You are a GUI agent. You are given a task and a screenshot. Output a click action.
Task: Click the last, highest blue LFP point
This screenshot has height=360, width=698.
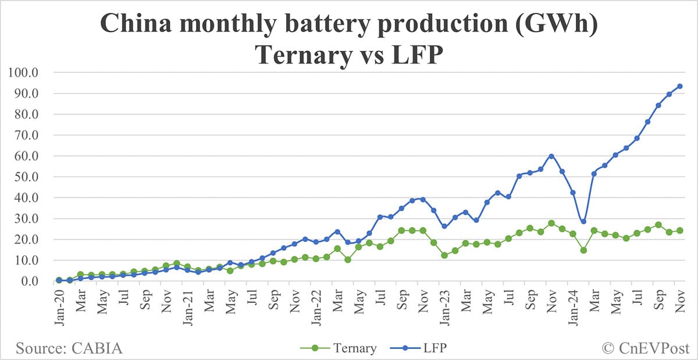coord(679,86)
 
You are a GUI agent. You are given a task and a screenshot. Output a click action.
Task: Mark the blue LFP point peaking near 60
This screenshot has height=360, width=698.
coord(551,156)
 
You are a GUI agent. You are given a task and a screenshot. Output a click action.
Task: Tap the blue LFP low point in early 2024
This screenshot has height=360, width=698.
coord(583,222)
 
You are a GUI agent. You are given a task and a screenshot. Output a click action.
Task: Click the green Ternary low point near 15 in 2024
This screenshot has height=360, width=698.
coord(583,250)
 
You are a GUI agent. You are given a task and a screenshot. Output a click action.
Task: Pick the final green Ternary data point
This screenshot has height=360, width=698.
coord(679,230)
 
